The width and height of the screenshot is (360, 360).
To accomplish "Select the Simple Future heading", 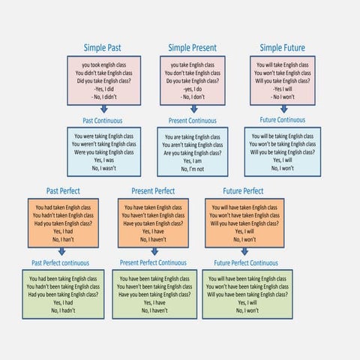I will [283, 48].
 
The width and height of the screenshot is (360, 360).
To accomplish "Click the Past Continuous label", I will [103, 120].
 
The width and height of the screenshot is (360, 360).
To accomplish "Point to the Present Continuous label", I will [193, 120].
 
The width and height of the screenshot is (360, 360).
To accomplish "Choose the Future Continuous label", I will [282, 119].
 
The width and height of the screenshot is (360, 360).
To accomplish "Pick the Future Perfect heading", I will [243, 191].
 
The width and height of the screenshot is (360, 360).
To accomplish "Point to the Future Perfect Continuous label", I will [245, 263].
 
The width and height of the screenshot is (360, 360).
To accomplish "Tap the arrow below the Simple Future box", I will [283, 109].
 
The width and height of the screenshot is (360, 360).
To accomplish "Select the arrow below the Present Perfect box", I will [155, 253].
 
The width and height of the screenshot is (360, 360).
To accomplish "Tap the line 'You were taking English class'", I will [104, 136].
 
